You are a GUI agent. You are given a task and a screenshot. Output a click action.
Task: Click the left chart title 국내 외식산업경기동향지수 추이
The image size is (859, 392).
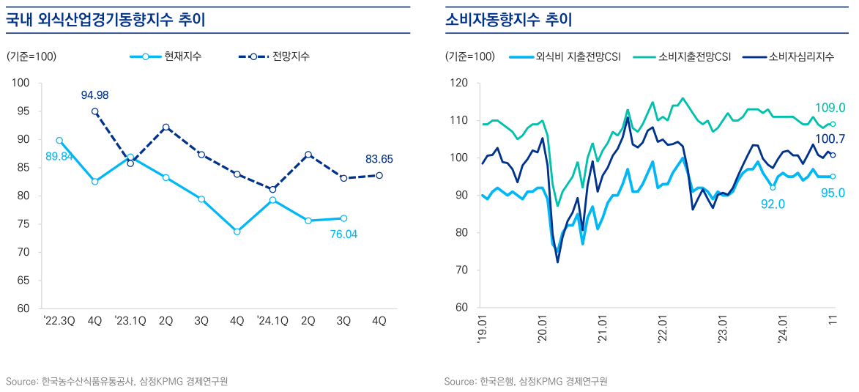click(x=105, y=20)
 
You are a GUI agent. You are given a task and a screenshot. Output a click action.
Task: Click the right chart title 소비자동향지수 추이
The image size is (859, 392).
click(x=509, y=20)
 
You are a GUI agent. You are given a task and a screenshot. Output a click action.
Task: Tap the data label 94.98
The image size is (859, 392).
click(x=94, y=95)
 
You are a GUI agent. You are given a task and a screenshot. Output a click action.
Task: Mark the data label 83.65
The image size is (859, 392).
click(x=379, y=158)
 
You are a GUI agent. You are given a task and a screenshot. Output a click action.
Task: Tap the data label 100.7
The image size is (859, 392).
click(x=830, y=139)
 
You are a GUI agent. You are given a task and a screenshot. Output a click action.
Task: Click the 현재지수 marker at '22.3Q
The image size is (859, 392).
click(x=59, y=141)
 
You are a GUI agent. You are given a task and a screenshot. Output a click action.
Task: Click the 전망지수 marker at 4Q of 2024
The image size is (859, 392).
click(x=379, y=175)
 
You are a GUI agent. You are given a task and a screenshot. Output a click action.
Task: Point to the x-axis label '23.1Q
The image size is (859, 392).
click(x=130, y=320)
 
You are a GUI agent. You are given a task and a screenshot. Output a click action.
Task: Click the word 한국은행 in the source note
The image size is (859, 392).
click(x=496, y=382)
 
